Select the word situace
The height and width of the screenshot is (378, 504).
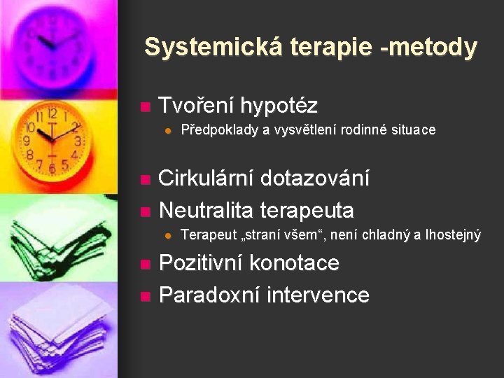pyautogui.click(x=410, y=129)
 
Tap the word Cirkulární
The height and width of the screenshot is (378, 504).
pyautogui.click(x=206, y=178)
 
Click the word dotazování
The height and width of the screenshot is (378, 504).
pyautogui.click(x=315, y=178)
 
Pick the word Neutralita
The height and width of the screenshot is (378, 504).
pyautogui.click(x=206, y=209)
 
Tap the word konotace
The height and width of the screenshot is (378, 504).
pyautogui.click(x=295, y=264)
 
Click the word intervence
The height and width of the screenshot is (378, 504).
pyautogui.click(x=316, y=295)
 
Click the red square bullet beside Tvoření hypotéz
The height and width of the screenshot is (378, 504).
pyautogui.click(x=145, y=108)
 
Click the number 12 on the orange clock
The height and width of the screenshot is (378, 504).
pyautogui.click(x=52, y=113)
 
